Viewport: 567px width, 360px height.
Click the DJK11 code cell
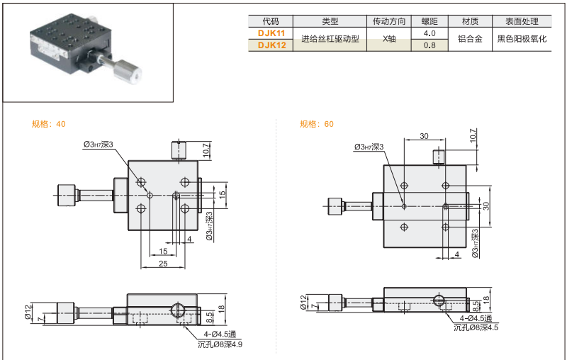pos(270,33)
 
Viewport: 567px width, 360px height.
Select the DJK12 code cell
pos(270,45)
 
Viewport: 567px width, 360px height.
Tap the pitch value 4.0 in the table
pos(429,33)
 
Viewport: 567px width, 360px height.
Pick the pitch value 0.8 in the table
pos(429,45)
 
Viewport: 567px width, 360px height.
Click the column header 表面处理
pos(522,21)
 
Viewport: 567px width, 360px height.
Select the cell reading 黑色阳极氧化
pos(522,40)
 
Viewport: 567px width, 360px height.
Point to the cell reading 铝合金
pos(470,40)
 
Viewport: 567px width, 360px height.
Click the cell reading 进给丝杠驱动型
pos(330,40)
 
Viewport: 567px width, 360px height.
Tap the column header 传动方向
pos(388,21)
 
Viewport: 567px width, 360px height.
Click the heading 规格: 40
pos(49,124)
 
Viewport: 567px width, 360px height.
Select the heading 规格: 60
pos(316,124)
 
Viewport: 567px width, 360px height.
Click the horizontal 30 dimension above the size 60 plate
pos(423,136)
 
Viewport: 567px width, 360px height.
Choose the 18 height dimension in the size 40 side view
pos(221,308)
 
